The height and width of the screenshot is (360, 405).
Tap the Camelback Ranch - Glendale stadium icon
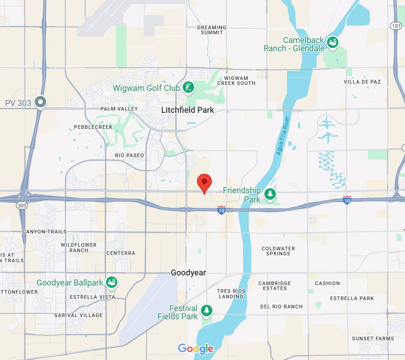[332, 43]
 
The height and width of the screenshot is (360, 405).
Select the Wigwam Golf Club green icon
[188, 88]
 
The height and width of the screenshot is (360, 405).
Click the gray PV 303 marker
[41, 102]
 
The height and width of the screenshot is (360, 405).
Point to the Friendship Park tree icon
[270, 194]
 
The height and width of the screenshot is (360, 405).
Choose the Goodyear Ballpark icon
[111, 282]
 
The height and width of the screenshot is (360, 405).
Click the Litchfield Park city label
[188, 110]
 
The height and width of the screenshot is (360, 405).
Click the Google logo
[196, 349]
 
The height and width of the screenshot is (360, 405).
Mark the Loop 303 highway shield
[22, 206]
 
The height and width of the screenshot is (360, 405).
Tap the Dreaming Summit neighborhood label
[212, 30]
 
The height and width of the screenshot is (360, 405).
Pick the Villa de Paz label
[362, 82]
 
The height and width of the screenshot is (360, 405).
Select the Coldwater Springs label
[278, 251]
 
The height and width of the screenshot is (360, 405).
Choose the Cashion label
[327, 283]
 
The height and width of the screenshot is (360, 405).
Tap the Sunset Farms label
[373, 339]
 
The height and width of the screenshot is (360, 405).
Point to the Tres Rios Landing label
[231, 294]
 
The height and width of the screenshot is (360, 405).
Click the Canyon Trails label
[44, 232]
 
